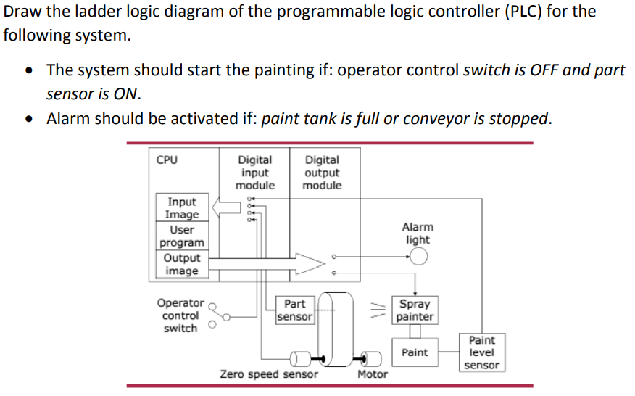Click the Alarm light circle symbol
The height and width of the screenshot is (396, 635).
click(419, 256)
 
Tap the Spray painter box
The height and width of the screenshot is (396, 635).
click(415, 310)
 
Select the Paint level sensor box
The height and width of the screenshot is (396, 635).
click(482, 352)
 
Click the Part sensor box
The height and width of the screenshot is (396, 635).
click(295, 310)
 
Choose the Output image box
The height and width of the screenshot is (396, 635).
click(181, 264)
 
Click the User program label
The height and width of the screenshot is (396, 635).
click(181, 236)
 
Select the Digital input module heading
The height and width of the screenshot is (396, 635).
click(255, 173)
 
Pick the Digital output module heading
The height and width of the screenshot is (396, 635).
click(322, 173)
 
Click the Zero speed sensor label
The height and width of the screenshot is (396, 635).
click(268, 374)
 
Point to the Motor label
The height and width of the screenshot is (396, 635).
click(373, 374)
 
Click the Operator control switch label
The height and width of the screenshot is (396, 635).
click(180, 315)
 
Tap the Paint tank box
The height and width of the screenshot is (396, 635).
click(415, 352)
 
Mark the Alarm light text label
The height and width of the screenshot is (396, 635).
click(418, 233)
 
